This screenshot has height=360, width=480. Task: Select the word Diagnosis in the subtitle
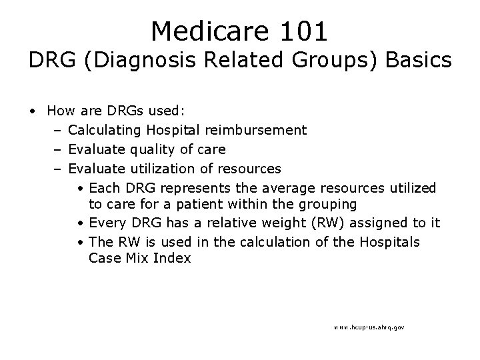pos(133,61)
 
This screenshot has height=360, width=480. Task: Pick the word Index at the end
pos(173,257)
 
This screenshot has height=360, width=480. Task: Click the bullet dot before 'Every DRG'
pos(79,223)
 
